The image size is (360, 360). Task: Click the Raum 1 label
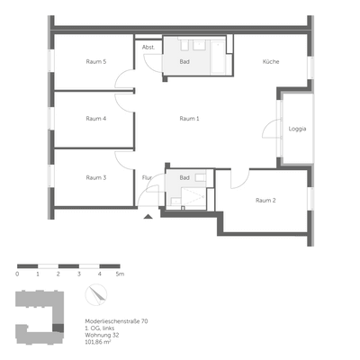point(189,119)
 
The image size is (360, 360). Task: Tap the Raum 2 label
point(265,200)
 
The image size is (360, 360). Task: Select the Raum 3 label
point(96,177)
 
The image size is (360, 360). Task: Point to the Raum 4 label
point(96,119)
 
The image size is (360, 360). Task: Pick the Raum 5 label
point(96,61)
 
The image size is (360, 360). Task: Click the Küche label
point(271,61)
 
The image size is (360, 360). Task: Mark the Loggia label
point(297,129)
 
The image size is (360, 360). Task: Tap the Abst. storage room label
point(148,48)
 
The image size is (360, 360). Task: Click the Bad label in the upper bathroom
point(184,61)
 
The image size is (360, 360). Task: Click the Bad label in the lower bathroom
point(184,177)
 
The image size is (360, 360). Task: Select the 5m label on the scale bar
point(120,273)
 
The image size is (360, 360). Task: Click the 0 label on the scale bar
point(17,273)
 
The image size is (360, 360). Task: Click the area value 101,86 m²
point(99,342)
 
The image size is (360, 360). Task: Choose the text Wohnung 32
point(101,335)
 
